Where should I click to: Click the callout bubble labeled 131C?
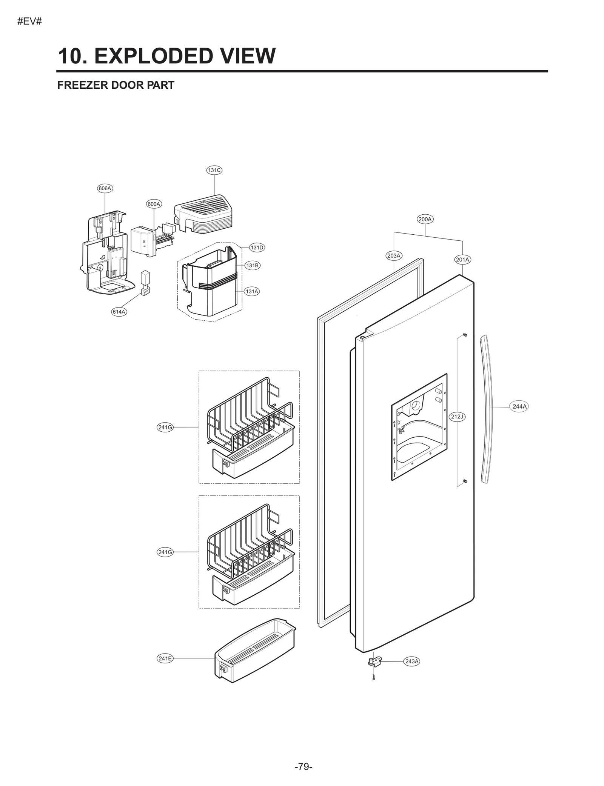pyautogui.click(x=214, y=170)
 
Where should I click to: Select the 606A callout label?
pyautogui.click(x=105, y=188)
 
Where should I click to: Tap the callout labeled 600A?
pyautogui.click(x=154, y=204)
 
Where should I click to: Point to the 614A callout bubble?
pyautogui.click(x=119, y=312)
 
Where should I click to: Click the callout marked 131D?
pyautogui.click(x=257, y=248)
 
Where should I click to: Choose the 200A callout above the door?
pyautogui.click(x=425, y=219)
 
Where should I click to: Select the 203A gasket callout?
pyautogui.click(x=394, y=255)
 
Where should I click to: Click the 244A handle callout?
pyautogui.click(x=519, y=406)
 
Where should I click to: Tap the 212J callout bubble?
pyautogui.click(x=457, y=417)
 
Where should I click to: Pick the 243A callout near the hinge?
pyautogui.click(x=411, y=661)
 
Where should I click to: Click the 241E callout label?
pyautogui.click(x=165, y=658)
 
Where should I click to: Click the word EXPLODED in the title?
pyautogui.click(x=154, y=56)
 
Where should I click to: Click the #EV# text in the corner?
pyautogui.click(x=29, y=22)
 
